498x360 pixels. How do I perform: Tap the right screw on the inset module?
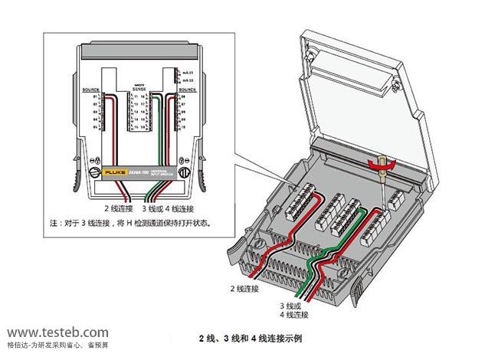(x=181, y=175)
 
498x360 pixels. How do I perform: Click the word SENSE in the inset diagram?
(x=139, y=89)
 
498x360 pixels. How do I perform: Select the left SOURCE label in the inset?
(x=90, y=90)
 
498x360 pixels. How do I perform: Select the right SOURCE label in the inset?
(x=188, y=90)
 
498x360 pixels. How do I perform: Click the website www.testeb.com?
(x=58, y=332)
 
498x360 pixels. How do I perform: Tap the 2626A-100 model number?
(x=139, y=175)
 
